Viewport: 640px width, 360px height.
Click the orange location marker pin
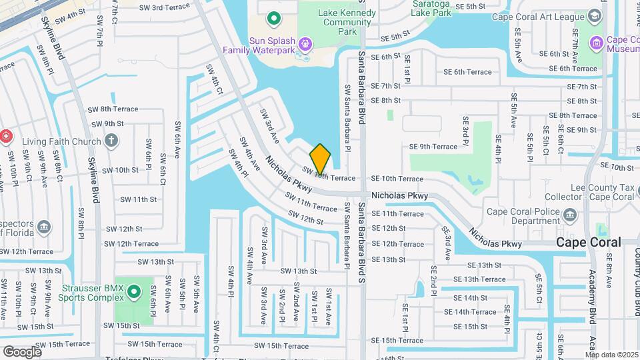[320, 159]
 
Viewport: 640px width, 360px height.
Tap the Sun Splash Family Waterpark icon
[305, 45]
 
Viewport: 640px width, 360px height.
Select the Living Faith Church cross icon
[111, 141]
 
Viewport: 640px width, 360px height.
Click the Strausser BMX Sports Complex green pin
[133, 291]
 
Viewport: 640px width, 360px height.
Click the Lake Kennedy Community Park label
[337, 21]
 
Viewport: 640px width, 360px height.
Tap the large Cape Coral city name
[588, 242]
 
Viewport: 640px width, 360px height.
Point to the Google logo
[22, 352]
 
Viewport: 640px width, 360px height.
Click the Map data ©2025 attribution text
[611, 354]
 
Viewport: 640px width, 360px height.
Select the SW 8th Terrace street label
[113, 109]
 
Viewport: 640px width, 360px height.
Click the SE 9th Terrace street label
[433, 147]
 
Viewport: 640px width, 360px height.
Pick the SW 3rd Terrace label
[165, 7]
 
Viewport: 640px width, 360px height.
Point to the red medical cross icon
[7, 135]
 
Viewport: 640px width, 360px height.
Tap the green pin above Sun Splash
[273, 18]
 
